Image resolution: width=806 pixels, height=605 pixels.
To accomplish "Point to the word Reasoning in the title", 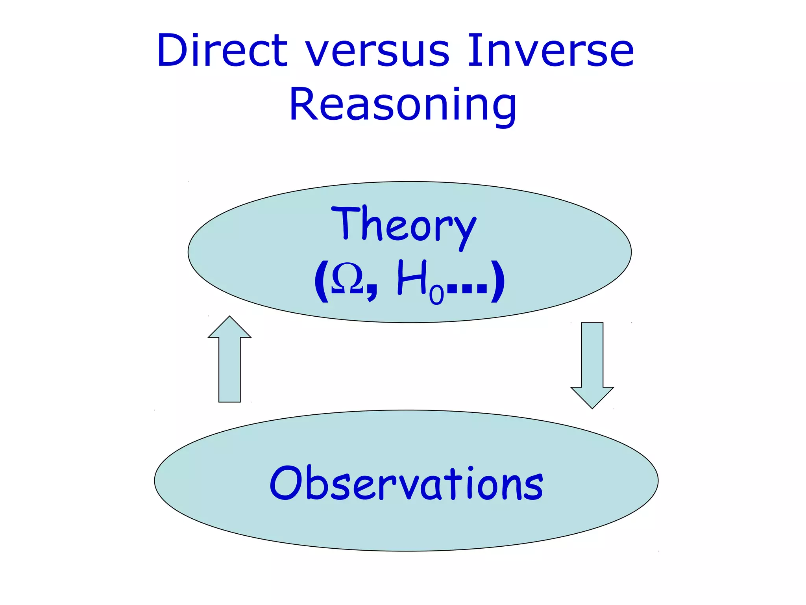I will point(402,105).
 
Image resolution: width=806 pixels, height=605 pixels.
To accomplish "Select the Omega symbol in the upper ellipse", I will point(347,278).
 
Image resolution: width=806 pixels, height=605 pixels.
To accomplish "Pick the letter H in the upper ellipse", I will point(411,278).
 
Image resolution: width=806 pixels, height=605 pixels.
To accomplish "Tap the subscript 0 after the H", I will point(436,295).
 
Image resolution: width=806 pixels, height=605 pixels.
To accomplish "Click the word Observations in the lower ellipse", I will point(406,484).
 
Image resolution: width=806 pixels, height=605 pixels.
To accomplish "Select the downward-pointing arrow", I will point(592,362).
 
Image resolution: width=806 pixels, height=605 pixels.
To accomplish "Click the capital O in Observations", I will point(286,483).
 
